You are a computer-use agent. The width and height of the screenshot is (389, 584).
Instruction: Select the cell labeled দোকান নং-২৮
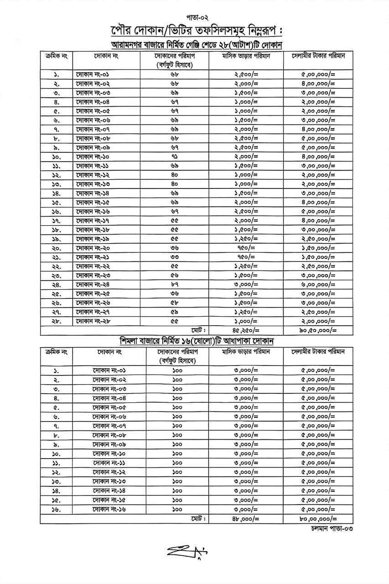pos(93,321)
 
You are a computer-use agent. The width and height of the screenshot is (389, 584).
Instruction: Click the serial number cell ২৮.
pos(57,321)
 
